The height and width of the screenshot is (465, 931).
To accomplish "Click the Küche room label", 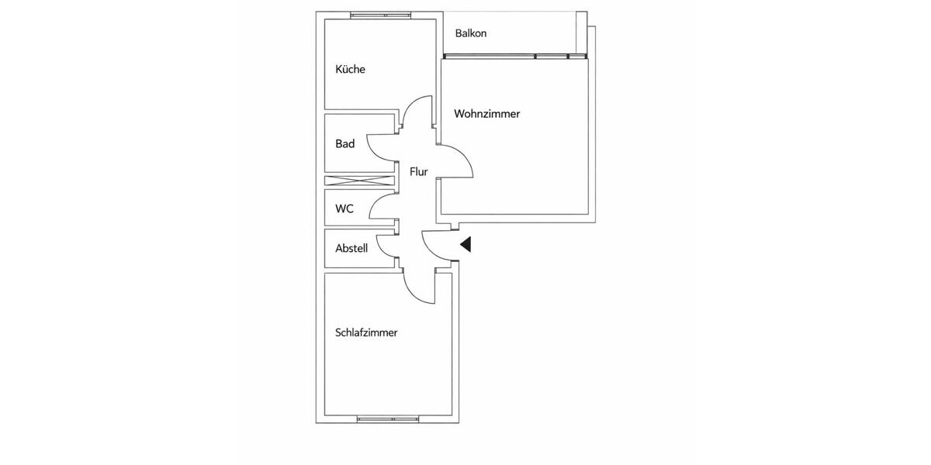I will (350, 69).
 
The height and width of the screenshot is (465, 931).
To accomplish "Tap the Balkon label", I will (471, 33).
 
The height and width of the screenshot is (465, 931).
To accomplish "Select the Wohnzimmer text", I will (486, 113).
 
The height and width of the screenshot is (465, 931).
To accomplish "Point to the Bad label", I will (344, 143).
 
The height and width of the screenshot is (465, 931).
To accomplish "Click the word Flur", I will (419, 171).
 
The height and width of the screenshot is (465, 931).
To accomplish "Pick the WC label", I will (344, 208).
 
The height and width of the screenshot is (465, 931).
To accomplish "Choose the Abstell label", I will (351, 249).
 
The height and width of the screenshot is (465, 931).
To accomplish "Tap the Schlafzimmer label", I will (366, 332).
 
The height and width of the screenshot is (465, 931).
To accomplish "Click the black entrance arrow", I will (466, 245).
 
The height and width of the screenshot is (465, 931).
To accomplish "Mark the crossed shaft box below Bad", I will (359, 181).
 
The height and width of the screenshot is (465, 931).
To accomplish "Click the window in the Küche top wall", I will (379, 14).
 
